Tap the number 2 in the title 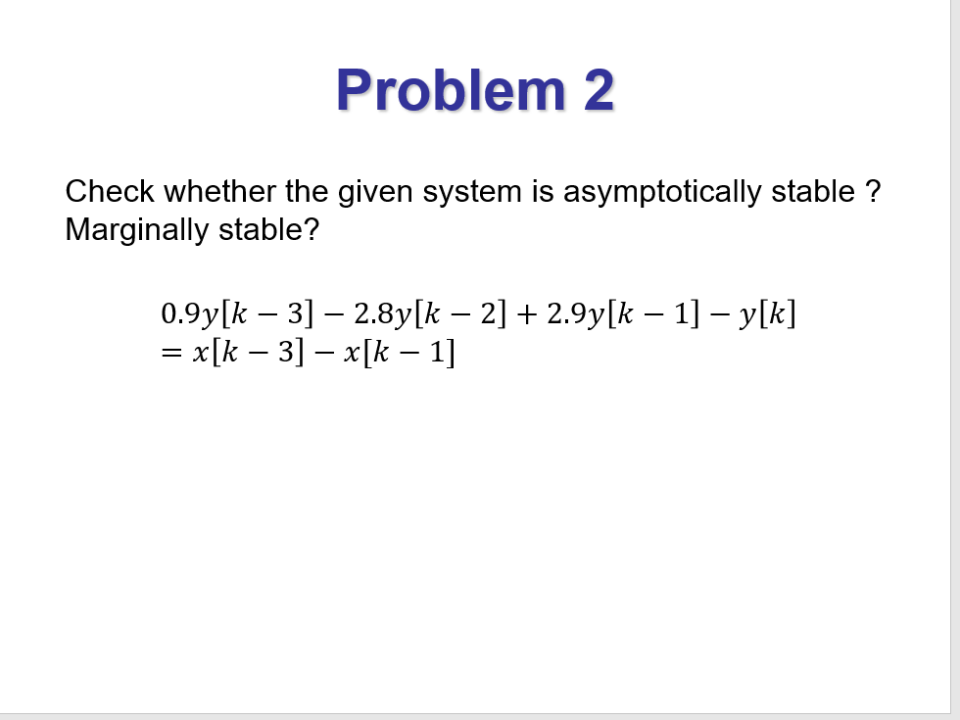pos(599,90)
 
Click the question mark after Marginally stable pos(312,230)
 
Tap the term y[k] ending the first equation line pos(768,314)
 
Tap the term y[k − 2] pos(450,314)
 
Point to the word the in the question pos(307,191)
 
